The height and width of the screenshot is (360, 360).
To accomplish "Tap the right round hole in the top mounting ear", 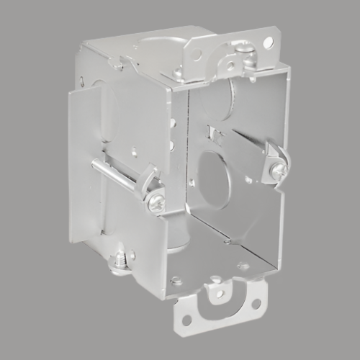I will pos(267,44).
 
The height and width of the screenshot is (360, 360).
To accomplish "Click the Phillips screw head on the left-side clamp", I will pos(156,204).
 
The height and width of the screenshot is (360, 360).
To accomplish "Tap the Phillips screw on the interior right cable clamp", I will pos(279,171).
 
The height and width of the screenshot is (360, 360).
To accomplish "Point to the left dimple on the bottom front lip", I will pos(176,280).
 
